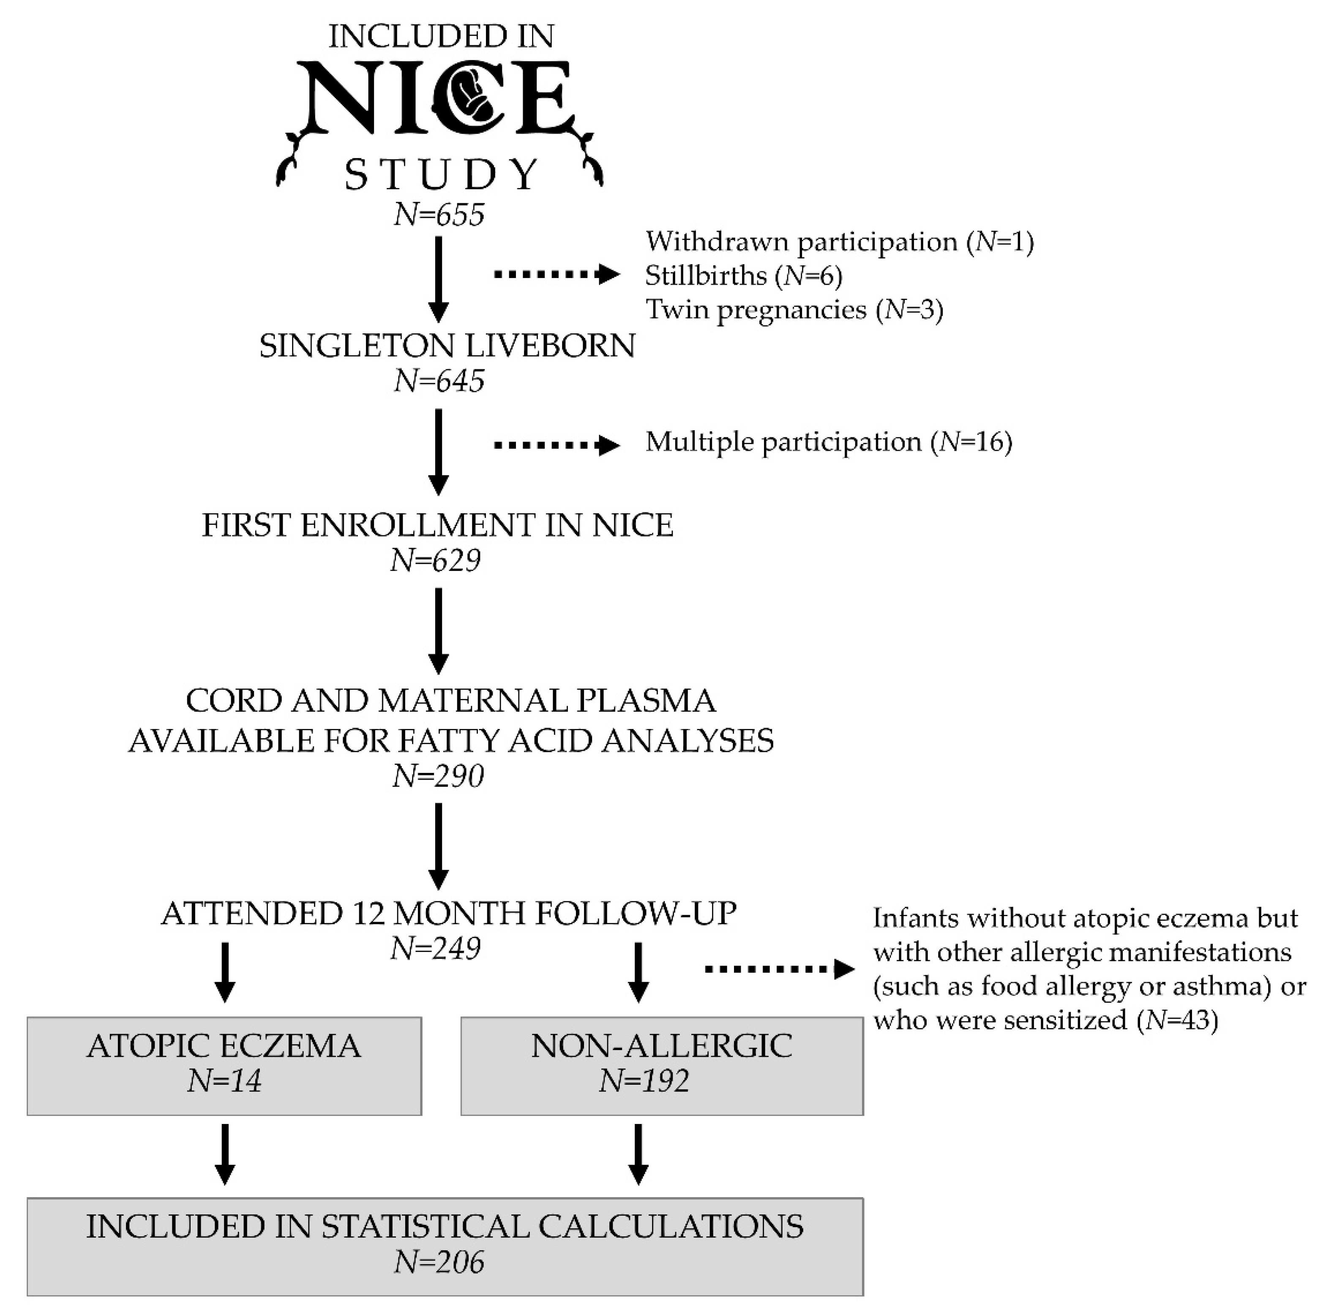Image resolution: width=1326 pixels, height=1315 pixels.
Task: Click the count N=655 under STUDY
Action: (439, 215)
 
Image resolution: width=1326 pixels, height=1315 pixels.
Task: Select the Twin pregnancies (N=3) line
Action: (794, 310)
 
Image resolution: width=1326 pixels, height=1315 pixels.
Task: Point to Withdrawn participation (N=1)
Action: (839, 242)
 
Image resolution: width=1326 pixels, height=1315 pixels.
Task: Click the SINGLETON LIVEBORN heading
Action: (447, 346)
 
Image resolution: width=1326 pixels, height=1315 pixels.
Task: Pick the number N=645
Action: (439, 381)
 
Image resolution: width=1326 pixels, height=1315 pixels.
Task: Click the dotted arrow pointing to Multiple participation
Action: (556, 445)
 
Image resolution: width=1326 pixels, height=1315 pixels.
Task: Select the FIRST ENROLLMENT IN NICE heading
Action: (437, 526)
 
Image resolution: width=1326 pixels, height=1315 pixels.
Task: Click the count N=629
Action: (435, 561)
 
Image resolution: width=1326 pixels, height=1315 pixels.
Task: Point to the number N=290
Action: (438, 776)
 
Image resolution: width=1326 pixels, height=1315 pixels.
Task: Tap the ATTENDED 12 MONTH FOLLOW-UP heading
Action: (448, 914)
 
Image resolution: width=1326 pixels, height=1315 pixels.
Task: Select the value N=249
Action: (435, 949)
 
